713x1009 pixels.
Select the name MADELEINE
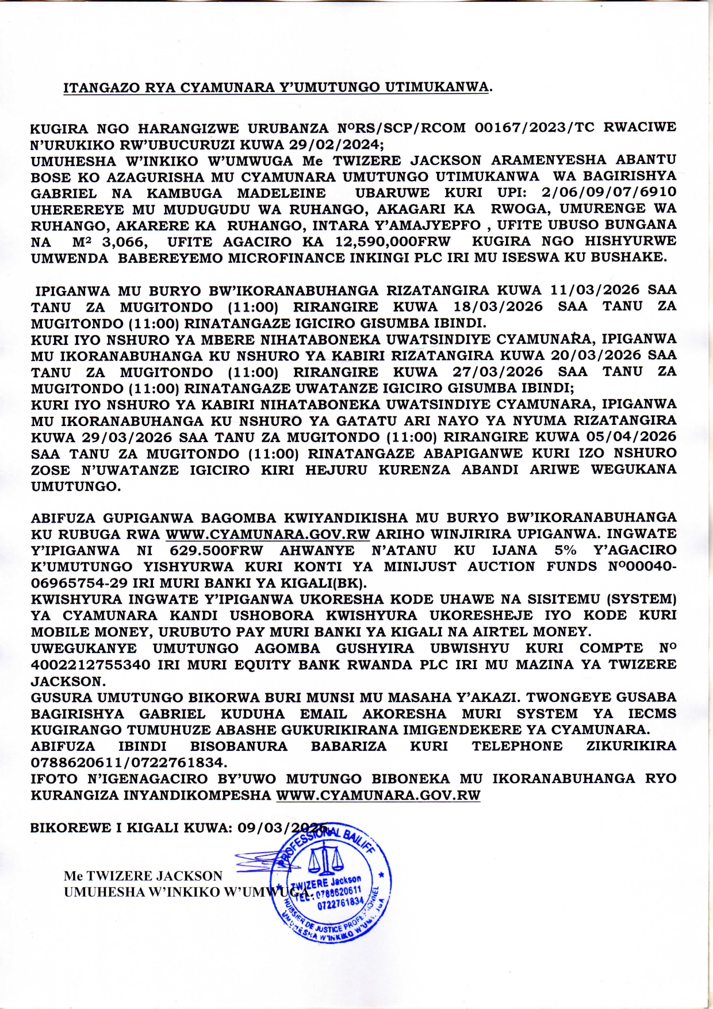point(281,193)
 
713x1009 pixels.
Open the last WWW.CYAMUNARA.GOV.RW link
point(378,796)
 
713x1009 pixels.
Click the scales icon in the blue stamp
point(325,860)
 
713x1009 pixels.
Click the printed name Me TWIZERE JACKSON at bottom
point(143,876)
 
